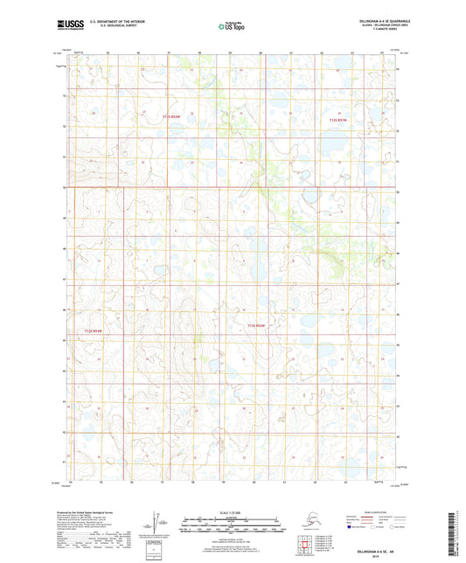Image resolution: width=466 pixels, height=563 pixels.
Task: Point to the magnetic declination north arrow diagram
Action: click(x=158, y=523)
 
